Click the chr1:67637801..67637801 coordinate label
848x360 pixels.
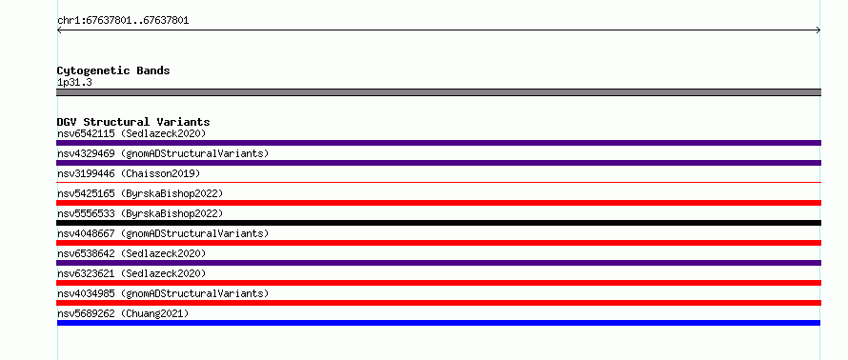click(x=123, y=21)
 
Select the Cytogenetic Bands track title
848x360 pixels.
click(x=113, y=70)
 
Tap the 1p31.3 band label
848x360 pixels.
click(x=74, y=82)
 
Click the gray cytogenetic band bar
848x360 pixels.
click(x=438, y=92)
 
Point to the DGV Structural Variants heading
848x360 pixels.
click(x=133, y=122)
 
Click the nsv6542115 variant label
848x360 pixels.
click(x=86, y=133)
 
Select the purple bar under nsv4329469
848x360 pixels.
click(x=438, y=163)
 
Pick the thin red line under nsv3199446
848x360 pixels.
click(x=438, y=183)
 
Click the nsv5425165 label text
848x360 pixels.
click(x=86, y=193)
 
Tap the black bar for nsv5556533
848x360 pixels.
click(x=438, y=223)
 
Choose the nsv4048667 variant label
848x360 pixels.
click(x=86, y=233)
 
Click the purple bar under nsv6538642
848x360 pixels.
click(x=438, y=263)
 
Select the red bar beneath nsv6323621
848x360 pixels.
click(x=438, y=283)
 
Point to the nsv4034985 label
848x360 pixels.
click(x=86, y=293)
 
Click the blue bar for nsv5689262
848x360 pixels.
click(x=438, y=323)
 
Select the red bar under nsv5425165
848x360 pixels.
click(x=438, y=203)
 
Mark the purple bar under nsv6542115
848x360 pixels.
click(x=438, y=143)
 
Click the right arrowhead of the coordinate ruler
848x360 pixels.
click(x=818, y=30)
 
